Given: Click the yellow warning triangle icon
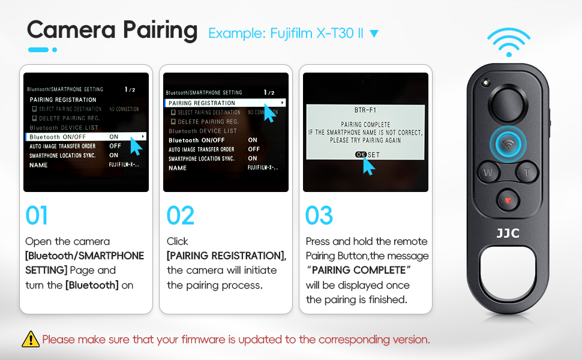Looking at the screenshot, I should coord(31,339).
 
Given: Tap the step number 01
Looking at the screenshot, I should coord(37,216).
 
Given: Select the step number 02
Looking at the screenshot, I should coord(180,216).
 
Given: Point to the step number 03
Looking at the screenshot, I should coord(319,216).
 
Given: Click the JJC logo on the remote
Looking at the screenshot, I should coord(508,232).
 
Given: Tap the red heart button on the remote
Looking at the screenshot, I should coord(508,200).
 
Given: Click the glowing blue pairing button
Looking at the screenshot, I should coord(508,144).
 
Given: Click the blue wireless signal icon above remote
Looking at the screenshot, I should coord(508,42).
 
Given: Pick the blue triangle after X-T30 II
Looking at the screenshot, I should coord(374,33).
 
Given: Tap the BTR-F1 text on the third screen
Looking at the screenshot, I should coord(365,112).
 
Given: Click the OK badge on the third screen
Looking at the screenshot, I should coord(361,154).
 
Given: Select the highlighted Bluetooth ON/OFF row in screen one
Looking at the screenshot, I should coord(86,137).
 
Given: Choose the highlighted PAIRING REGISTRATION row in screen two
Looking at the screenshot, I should coord(225,103).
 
